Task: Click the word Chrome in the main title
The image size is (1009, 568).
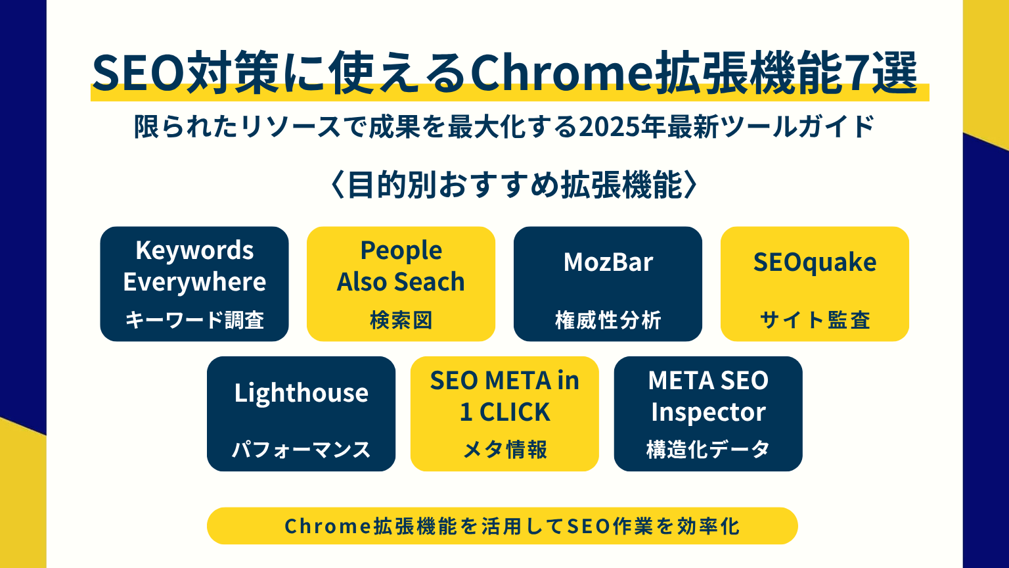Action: [x=561, y=73]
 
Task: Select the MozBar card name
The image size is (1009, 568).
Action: [x=608, y=262]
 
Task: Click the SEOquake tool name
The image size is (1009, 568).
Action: [x=815, y=263]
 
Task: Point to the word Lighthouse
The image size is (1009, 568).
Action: [x=301, y=393]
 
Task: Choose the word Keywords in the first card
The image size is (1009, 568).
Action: [x=194, y=250]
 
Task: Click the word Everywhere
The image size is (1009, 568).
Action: [x=194, y=282]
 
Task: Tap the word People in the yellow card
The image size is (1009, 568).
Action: [x=401, y=250]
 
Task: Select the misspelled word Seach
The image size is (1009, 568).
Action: [x=429, y=282]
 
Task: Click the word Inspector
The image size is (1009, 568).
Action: [x=708, y=412]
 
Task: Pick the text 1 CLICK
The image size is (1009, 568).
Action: [x=505, y=412]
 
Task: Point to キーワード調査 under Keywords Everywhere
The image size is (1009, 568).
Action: [x=194, y=320]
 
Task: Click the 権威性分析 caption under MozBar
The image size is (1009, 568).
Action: [x=608, y=320]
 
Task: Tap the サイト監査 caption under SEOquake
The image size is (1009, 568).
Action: [x=815, y=320]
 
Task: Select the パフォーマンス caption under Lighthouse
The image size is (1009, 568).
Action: [x=301, y=450]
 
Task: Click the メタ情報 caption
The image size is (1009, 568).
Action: [x=505, y=450]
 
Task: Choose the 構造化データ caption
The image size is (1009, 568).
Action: [x=708, y=450]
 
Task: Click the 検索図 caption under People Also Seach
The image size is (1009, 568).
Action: [x=401, y=320]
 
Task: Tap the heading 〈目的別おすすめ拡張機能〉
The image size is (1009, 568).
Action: [x=514, y=185]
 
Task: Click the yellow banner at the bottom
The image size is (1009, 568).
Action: [x=503, y=526]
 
